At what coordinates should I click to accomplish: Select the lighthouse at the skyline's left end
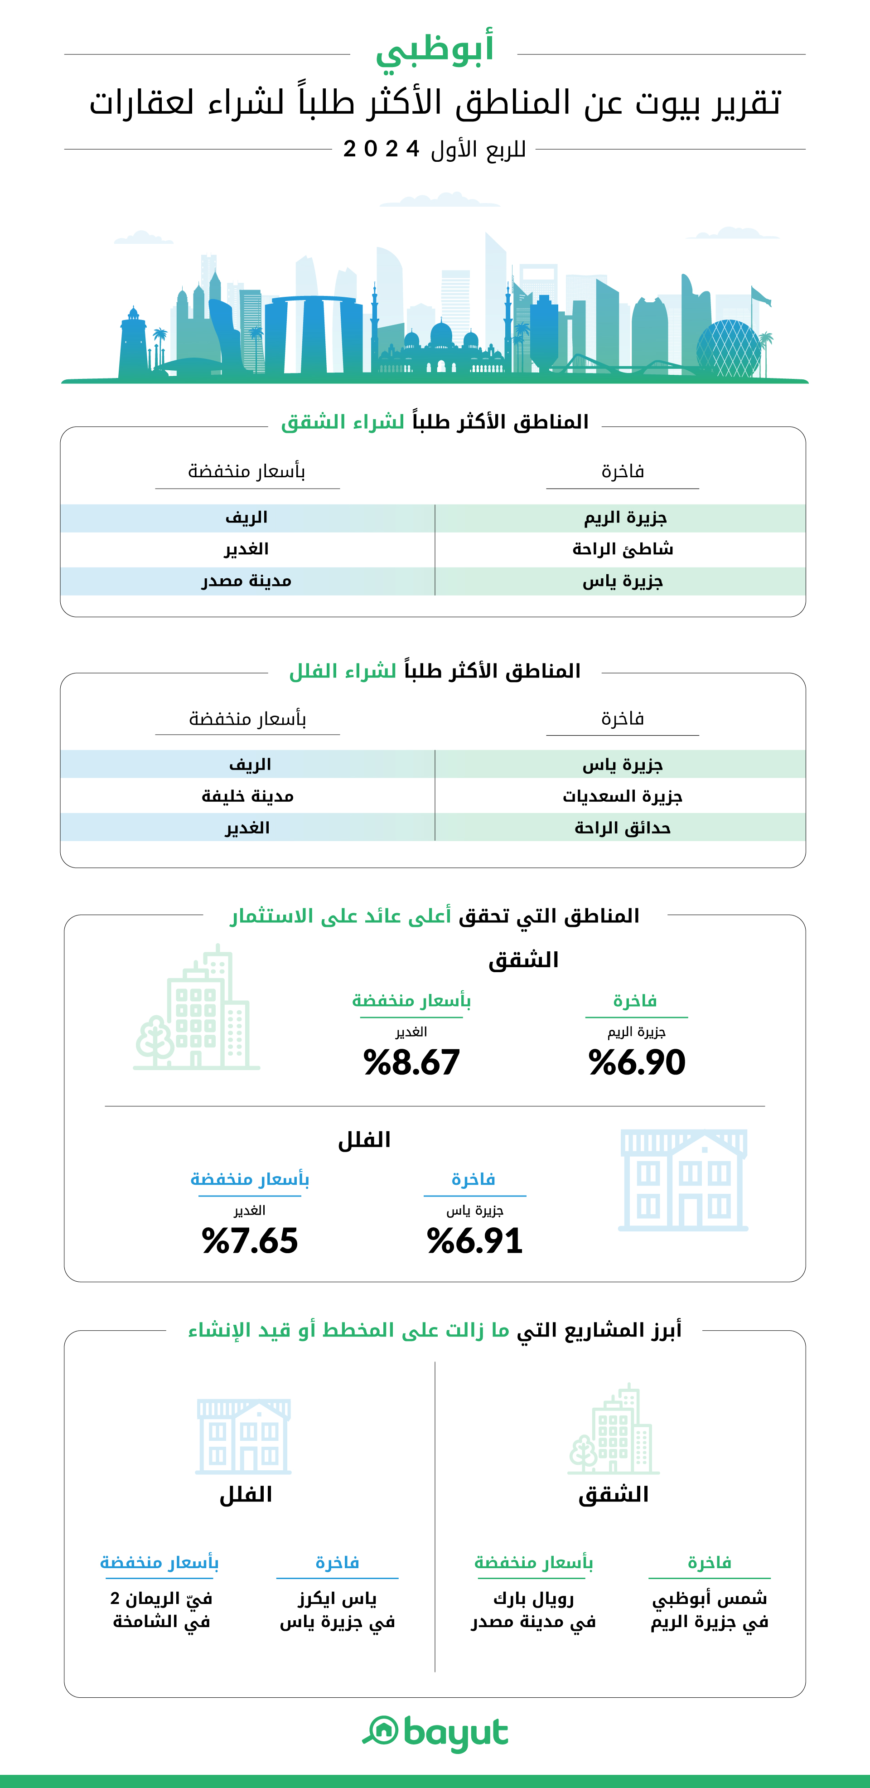point(132,344)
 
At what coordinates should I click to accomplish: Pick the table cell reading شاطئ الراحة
point(622,549)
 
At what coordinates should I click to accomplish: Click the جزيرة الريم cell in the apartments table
point(624,518)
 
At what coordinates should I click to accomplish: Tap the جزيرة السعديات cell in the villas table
point(622,796)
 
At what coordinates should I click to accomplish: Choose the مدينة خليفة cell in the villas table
point(248,796)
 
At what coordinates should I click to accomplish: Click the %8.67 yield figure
point(411,1062)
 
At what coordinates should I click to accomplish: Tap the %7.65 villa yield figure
point(250,1240)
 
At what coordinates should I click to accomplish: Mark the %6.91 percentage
point(474,1240)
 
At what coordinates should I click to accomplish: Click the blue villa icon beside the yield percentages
point(683,1179)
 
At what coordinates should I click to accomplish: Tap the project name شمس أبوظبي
point(709,1599)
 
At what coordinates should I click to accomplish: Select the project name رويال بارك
point(533,1599)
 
